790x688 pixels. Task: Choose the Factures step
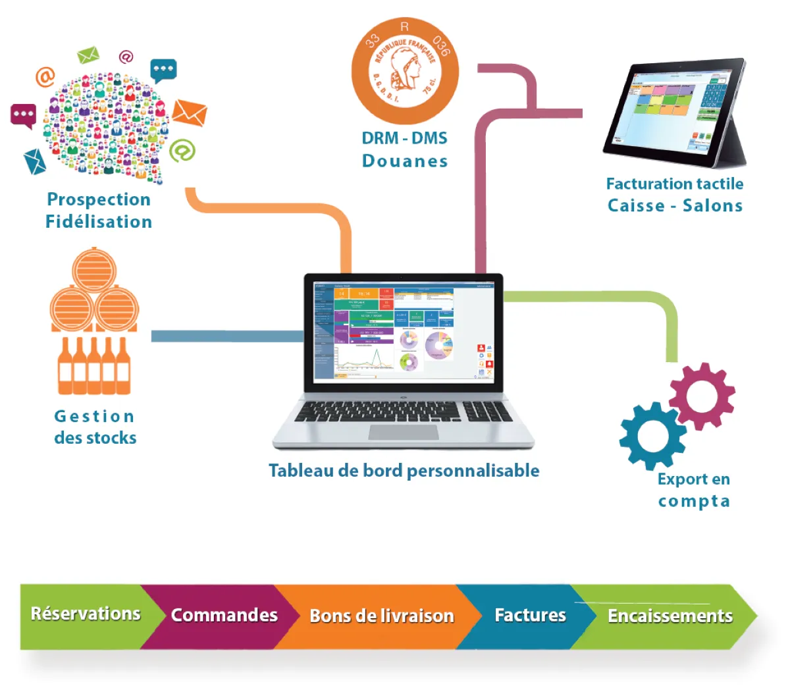click(529, 616)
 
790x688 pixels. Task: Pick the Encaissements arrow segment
click(669, 616)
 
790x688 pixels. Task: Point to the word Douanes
click(405, 161)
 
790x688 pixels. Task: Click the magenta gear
click(702, 396)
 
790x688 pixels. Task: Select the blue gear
click(652, 435)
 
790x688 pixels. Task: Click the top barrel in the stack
click(94, 269)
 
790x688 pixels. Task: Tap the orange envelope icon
click(190, 113)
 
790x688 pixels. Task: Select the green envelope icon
click(88, 55)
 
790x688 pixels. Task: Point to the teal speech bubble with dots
click(163, 69)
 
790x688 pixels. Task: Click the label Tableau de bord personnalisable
click(404, 471)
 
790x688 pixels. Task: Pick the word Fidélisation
click(99, 222)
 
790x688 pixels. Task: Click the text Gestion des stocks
click(95, 427)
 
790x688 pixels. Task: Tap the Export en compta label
click(693, 490)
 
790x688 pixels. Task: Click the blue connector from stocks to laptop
click(224, 336)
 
